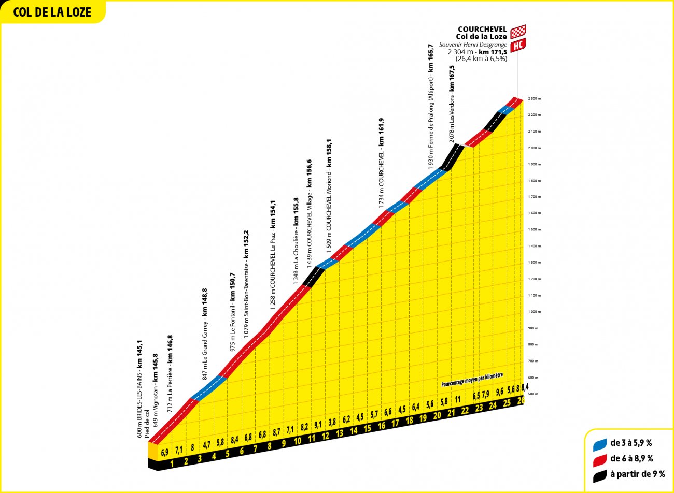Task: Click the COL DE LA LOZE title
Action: [x=52, y=12]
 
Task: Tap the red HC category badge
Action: [x=517, y=46]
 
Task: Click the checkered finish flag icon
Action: [x=518, y=32]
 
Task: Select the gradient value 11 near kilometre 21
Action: [x=458, y=399]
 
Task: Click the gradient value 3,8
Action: [x=332, y=422]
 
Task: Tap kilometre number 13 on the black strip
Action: [x=340, y=433]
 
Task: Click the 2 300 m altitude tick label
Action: [x=534, y=98]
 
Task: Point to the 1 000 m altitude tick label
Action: [x=534, y=312]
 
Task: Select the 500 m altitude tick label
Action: [x=533, y=394]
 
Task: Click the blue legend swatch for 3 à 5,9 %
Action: [x=600, y=443]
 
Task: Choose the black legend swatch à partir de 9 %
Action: [x=600, y=474]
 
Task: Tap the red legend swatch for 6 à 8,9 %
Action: [x=600, y=459]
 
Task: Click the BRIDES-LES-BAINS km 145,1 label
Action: [x=139, y=389]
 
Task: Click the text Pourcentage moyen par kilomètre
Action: [x=472, y=381]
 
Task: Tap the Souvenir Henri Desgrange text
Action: [x=473, y=45]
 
